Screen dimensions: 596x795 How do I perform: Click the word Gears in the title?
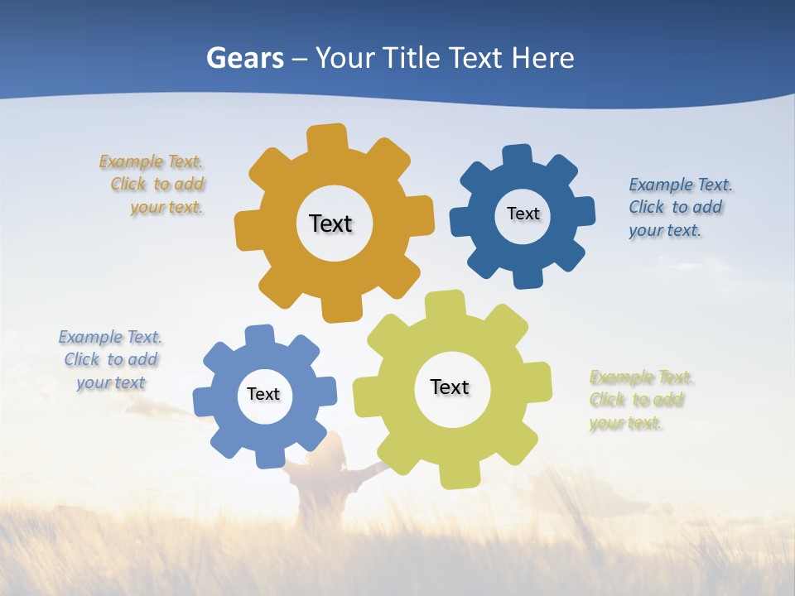[x=244, y=58]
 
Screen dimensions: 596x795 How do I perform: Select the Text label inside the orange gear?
[x=330, y=223]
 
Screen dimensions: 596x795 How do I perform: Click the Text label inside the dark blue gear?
[x=523, y=214]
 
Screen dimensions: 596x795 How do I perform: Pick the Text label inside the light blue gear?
[x=263, y=394]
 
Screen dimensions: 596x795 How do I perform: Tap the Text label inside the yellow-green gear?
[x=450, y=387]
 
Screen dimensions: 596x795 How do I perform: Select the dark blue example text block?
[x=679, y=207]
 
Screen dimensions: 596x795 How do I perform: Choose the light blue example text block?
[x=110, y=359]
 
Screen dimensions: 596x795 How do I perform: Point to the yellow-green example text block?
[x=640, y=400]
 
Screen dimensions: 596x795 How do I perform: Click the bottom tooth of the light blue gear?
[x=271, y=456]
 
